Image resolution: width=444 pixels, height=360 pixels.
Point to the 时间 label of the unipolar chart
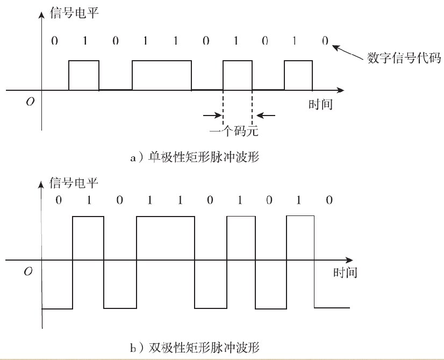click(x=320, y=105)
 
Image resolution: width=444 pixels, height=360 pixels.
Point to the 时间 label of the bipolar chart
click(x=345, y=272)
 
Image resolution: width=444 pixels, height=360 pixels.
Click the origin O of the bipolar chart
click(x=28, y=272)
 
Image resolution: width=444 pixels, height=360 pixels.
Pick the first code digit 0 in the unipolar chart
click(x=53, y=41)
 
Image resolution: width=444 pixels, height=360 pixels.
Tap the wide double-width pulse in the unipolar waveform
click(x=161, y=75)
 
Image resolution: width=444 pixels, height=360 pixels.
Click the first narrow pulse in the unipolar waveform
click(x=84, y=75)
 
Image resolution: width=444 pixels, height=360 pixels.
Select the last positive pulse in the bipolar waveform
click(x=300, y=238)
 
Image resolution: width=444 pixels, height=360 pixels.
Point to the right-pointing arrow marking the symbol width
click(x=213, y=114)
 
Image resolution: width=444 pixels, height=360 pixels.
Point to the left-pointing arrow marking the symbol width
click(x=266, y=114)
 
